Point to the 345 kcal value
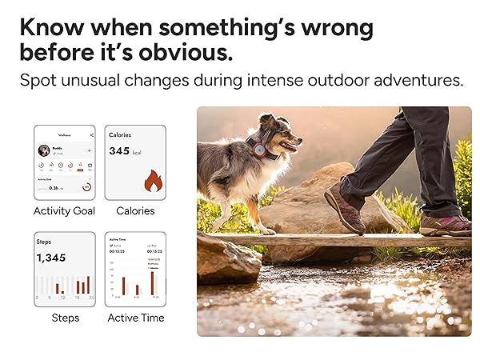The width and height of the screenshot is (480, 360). pos(124,150)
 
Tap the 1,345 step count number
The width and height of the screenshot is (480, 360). pos(51,258)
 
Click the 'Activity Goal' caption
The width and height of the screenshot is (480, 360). pos(64,211)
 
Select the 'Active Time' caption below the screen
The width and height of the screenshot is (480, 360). pos(135,318)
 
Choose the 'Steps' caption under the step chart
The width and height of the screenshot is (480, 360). pos(65,318)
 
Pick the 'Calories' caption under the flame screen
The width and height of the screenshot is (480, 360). pos(135,211)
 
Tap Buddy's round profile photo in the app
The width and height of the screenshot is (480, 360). pos(45,150)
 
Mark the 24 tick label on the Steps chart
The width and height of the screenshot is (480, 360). pos(92,298)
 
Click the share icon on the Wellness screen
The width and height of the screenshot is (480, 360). pos(91,134)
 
